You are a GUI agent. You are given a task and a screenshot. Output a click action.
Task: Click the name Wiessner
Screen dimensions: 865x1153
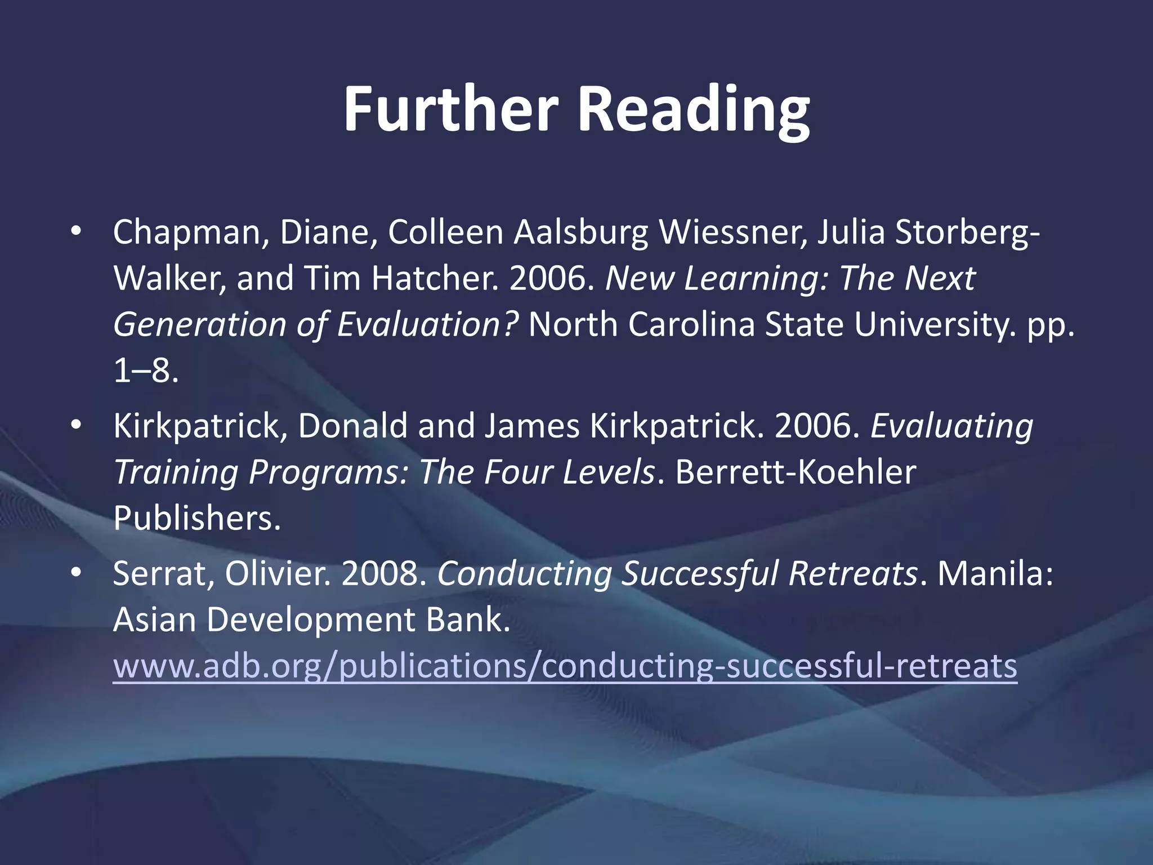click(731, 232)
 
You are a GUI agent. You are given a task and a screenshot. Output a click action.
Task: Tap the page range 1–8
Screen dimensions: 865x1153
click(146, 371)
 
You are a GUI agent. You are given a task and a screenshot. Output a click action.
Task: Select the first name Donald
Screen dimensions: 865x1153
click(352, 426)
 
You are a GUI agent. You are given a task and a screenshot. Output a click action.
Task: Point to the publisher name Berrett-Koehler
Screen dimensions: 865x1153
click(795, 472)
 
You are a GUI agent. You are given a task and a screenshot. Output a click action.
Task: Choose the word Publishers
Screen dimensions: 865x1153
click(196, 518)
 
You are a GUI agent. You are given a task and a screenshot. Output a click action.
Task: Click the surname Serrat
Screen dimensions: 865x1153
click(163, 573)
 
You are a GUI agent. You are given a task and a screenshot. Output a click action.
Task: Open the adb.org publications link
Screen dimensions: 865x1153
click(565, 666)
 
